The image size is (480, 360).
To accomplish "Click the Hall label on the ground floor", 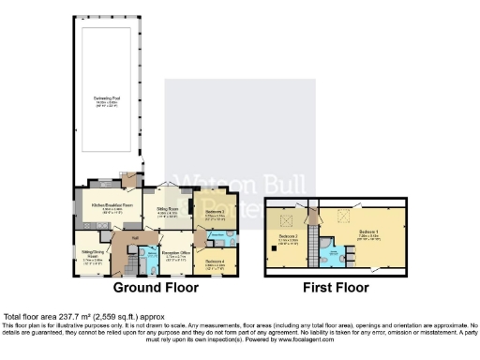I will click(x=135, y=238).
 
